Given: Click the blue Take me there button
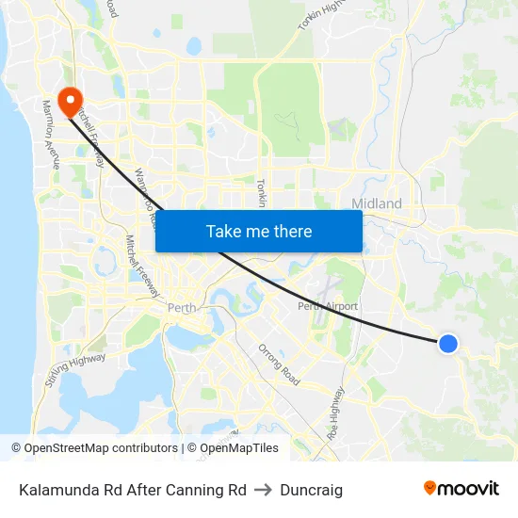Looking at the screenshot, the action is pos(259,231).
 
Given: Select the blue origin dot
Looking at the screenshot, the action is pos(448,344).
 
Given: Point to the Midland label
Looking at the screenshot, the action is pos(377,203).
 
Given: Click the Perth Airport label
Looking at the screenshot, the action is pos(328,306).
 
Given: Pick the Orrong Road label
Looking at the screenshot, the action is pos(279,364).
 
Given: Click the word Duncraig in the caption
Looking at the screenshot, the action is pos(311,490).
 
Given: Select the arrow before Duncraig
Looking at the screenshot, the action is pos(263,490).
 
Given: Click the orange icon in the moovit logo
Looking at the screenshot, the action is pos(429,488).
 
